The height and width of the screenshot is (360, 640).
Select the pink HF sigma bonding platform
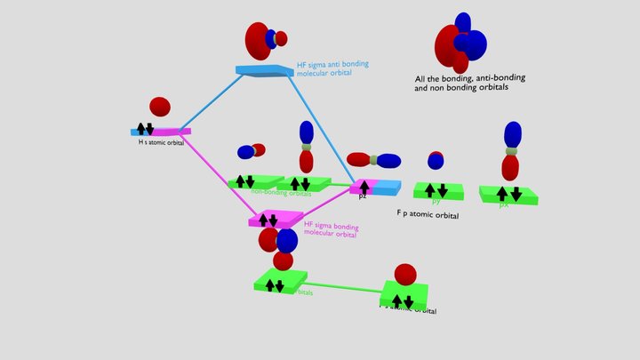coord(276,218)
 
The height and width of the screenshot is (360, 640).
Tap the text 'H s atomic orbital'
coord(161,142)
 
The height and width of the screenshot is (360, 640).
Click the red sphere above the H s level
coord(160,108)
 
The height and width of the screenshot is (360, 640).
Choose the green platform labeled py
coord(436,190)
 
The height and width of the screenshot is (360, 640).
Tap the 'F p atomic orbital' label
coord(428,215)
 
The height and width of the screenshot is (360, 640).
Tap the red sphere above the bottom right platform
coord(404,274)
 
